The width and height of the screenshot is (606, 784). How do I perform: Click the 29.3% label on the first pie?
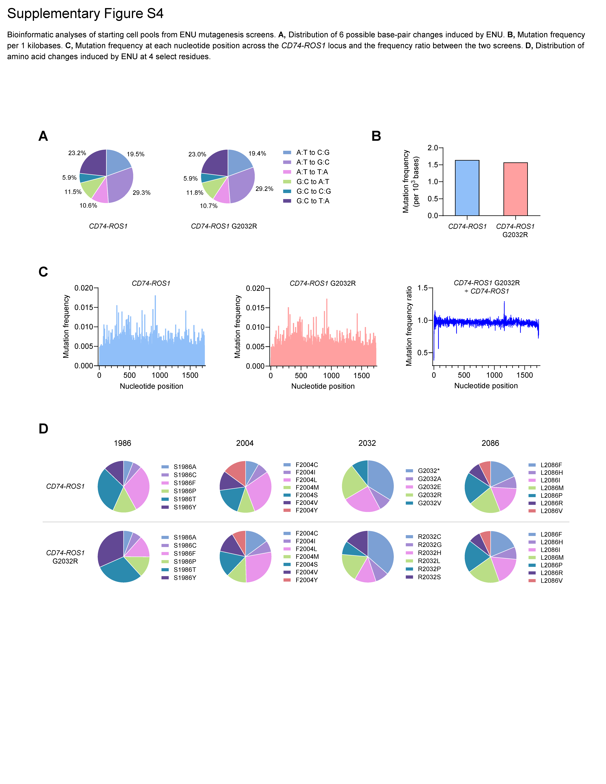[141, 193]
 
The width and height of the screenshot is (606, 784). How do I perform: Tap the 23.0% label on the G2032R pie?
[197, 154]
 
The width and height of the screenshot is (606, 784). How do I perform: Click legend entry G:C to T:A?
[312, 201]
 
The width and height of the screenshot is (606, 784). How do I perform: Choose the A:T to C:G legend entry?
[312, 153]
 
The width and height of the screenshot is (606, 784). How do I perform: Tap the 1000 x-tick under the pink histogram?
[331, 375]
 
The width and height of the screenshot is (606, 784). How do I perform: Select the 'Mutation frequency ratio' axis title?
[409, 326]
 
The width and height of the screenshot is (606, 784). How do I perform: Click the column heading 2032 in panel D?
[367, 443]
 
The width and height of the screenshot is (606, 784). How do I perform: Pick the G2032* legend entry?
[428, 471]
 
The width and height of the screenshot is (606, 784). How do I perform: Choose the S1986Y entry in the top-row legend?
[185, 507]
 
